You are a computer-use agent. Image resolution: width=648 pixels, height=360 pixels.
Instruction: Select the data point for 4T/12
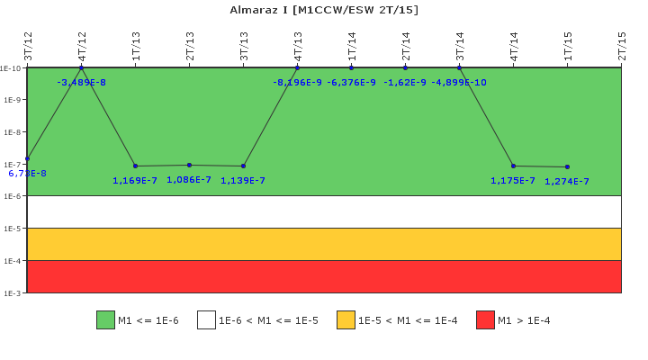81,67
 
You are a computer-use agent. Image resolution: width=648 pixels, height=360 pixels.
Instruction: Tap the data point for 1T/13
136,166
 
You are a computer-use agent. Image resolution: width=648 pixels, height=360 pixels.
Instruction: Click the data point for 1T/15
567,167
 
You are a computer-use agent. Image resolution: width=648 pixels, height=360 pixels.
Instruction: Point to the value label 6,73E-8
27,174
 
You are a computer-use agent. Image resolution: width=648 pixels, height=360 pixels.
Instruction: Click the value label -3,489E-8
81,83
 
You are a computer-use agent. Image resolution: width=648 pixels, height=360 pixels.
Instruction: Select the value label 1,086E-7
189,180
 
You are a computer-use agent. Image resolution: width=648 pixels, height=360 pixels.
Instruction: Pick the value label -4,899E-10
459,83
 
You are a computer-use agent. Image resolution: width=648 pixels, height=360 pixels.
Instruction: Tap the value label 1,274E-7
567,182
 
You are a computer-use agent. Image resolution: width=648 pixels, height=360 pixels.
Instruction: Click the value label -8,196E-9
297,83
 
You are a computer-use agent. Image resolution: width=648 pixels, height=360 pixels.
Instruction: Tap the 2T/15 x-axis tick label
622,46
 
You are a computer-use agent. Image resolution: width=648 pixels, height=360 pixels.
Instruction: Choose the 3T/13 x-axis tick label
244,46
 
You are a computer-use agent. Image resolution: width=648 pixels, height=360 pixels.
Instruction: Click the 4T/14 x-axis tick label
514,46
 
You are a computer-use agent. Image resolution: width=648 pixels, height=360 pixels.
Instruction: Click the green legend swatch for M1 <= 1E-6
105,320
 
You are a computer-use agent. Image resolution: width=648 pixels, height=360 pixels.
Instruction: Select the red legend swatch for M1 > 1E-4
485,320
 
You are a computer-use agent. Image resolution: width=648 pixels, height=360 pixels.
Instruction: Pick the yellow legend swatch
346,320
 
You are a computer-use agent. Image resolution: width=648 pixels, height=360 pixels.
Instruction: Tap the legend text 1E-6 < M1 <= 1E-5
268,320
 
